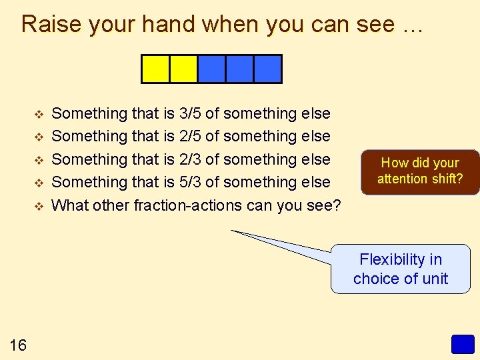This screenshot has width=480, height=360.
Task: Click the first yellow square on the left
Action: click(156, 69)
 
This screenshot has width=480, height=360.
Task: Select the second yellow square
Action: click(184, 69)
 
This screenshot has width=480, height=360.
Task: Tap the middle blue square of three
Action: click(240, 69)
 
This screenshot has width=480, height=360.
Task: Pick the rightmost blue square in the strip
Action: click(268, 69)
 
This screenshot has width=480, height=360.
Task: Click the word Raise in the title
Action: click(51, 24)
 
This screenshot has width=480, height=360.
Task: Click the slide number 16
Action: click(18, 345)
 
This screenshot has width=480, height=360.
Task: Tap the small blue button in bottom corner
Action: click(462, 344)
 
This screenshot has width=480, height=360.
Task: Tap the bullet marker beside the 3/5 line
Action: click(38, 114)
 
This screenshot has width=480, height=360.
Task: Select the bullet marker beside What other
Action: click(38, 205)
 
